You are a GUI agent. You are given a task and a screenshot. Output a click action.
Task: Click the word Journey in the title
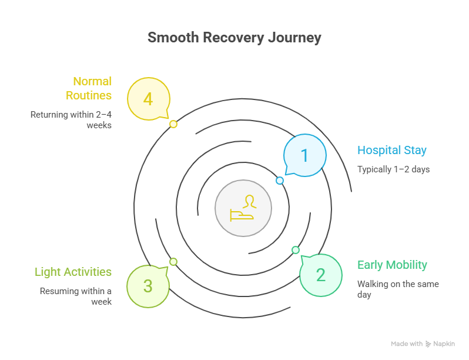click(294, 38)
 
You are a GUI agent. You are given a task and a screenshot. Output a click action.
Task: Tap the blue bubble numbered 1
click(304, 155)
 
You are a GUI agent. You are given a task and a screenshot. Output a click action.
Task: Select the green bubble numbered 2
click(320, 275)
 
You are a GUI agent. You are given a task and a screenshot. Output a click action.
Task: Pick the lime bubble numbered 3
click(148, 286)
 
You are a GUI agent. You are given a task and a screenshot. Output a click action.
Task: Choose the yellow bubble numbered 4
click(148, 99)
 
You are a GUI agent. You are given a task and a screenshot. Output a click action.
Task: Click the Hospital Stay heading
click(392, 150)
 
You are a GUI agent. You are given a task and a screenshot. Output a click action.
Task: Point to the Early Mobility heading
click(392, 265)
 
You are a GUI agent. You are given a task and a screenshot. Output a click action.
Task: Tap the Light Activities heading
click(73, 272)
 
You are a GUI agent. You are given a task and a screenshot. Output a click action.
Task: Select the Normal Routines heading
click(89, 88)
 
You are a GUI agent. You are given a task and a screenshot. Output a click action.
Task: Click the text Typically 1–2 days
click(393, 169)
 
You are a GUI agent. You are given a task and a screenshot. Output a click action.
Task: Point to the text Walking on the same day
click(398, 289)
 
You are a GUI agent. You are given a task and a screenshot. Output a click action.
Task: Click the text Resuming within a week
click(76, 296)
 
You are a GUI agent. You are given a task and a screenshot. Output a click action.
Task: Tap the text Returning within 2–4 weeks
click(71, 119)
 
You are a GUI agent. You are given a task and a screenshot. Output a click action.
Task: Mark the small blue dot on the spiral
click(280, 181)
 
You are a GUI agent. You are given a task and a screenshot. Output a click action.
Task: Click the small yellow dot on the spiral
click(173, 124)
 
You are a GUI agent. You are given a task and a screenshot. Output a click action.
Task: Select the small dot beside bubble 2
click(296, 250)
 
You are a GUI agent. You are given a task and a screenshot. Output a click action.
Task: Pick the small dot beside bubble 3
click(173, 262)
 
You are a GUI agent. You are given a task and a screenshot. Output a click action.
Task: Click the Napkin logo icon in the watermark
click(428, 344)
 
